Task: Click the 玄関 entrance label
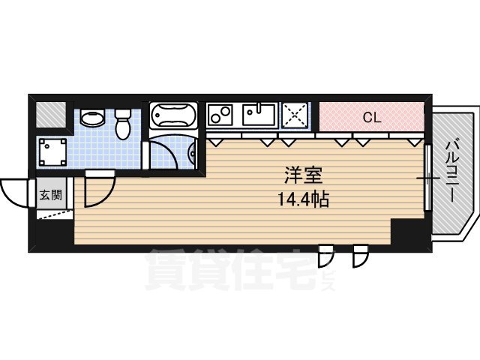(x=51, y=196)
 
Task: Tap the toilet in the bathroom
(x=123, y=123)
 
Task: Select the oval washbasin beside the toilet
(x=93, y=119)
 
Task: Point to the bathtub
(x=172, y=117)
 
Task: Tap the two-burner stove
(x=221, y=116)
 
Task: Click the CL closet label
(x=370, y=117)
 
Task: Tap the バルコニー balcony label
(x=453, y=169)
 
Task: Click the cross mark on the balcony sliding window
(x=427, y=178)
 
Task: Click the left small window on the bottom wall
(x=325, y=255)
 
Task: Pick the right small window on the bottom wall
(x=361, y=255)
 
